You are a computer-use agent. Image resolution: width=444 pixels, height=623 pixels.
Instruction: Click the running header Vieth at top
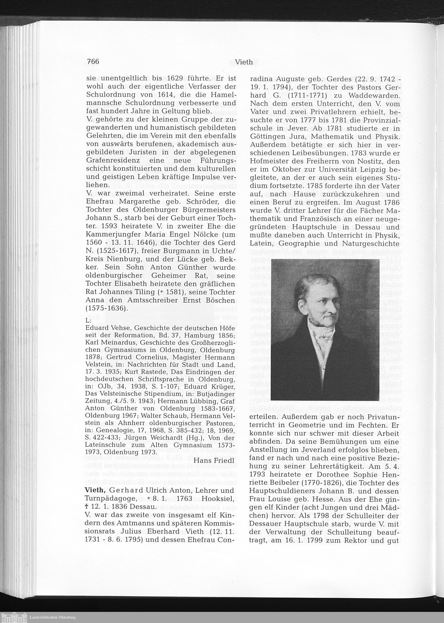244,62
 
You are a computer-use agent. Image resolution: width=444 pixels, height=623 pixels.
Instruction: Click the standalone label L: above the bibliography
88,320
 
